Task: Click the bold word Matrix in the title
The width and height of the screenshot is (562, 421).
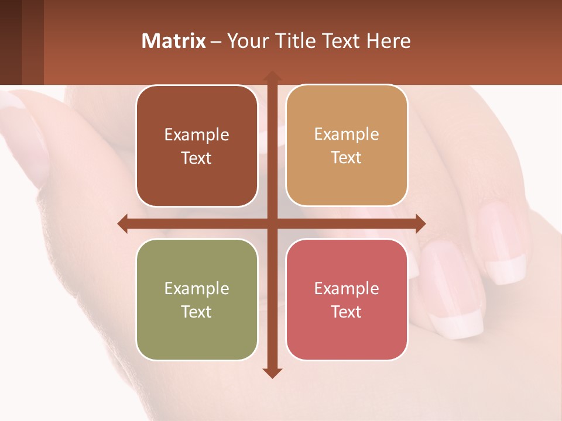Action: [x=174, y=41]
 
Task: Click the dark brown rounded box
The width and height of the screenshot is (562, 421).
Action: [x=197, y=146]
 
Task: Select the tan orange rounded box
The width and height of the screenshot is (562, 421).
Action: [x=347, y=146]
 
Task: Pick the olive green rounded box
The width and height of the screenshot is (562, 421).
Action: [x=197, y=299]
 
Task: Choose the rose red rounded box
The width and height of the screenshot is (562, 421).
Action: [x=347, y=299]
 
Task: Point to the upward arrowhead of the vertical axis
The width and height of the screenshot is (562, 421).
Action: [x=272, y=75]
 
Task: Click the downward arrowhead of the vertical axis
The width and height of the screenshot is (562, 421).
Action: [x=272, y=372]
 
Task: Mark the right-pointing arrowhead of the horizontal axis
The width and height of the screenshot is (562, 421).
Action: [x=420, y=223]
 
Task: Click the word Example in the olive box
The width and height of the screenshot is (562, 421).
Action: [x=197, y=288]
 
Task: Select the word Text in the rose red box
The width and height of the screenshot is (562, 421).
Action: [x=347, y=312]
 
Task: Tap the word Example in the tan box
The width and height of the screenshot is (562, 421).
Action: [x=347, y=134]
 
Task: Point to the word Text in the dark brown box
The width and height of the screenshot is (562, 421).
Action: [x=197, y=158]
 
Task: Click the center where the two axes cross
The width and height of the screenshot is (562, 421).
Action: [x=272, y=223]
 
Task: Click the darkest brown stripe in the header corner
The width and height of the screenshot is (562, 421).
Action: [x=11, y=42]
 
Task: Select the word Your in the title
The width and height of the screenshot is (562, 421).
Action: [x=246, y=41]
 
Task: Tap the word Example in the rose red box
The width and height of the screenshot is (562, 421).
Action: [x=347, y=288]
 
